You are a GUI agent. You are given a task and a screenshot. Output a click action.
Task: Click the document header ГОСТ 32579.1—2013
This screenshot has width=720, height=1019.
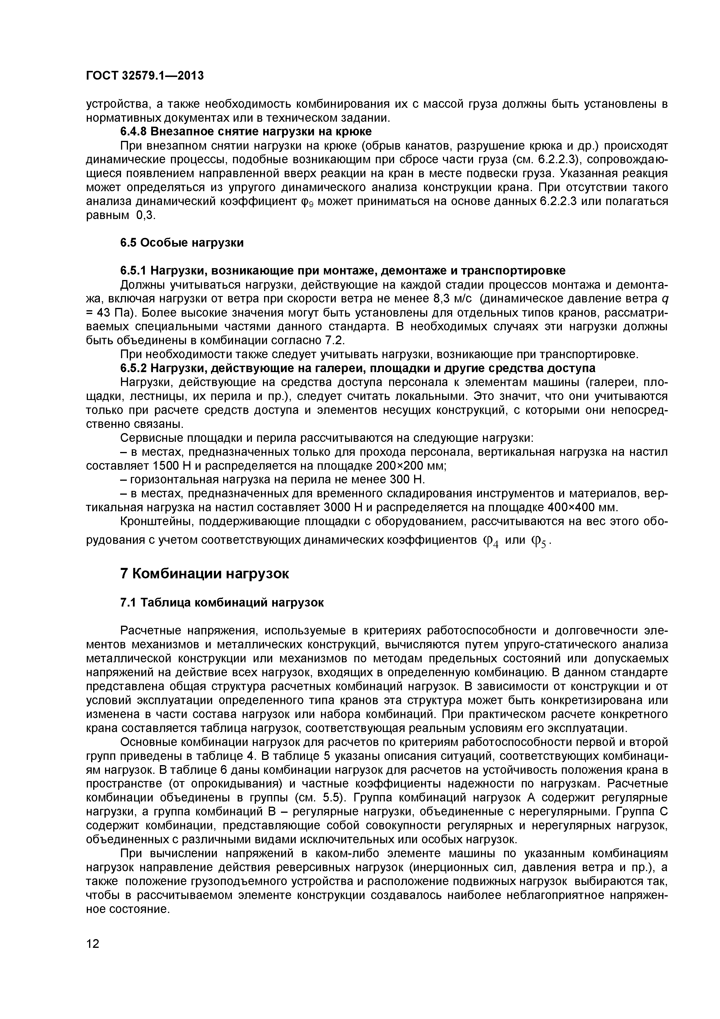tap(145, 76)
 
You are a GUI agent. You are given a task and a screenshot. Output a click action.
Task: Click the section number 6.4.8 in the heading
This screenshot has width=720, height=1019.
tap(134, 132)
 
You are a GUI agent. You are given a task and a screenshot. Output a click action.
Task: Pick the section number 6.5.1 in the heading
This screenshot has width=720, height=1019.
tap(134, 271)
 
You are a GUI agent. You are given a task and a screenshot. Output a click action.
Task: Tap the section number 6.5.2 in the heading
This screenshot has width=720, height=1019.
tap(134, 368)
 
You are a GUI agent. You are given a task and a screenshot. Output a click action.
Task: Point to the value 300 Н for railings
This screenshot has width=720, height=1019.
tap(407, 480)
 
